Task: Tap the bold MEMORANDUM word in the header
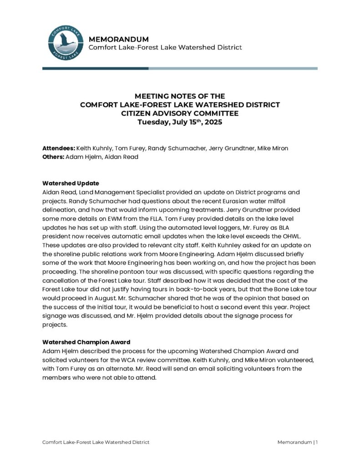click(x=118, y=39)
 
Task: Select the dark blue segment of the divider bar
click(x=95, y=68)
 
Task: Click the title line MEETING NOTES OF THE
click(x=180, y=96)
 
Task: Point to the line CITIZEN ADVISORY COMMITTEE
click(x=180, y=113)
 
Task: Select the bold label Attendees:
click(x=58, y=148)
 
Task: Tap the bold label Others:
click(x=53, y=157)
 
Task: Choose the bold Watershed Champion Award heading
click(x=86, y=342)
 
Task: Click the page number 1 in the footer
click(x=317, y=442)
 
